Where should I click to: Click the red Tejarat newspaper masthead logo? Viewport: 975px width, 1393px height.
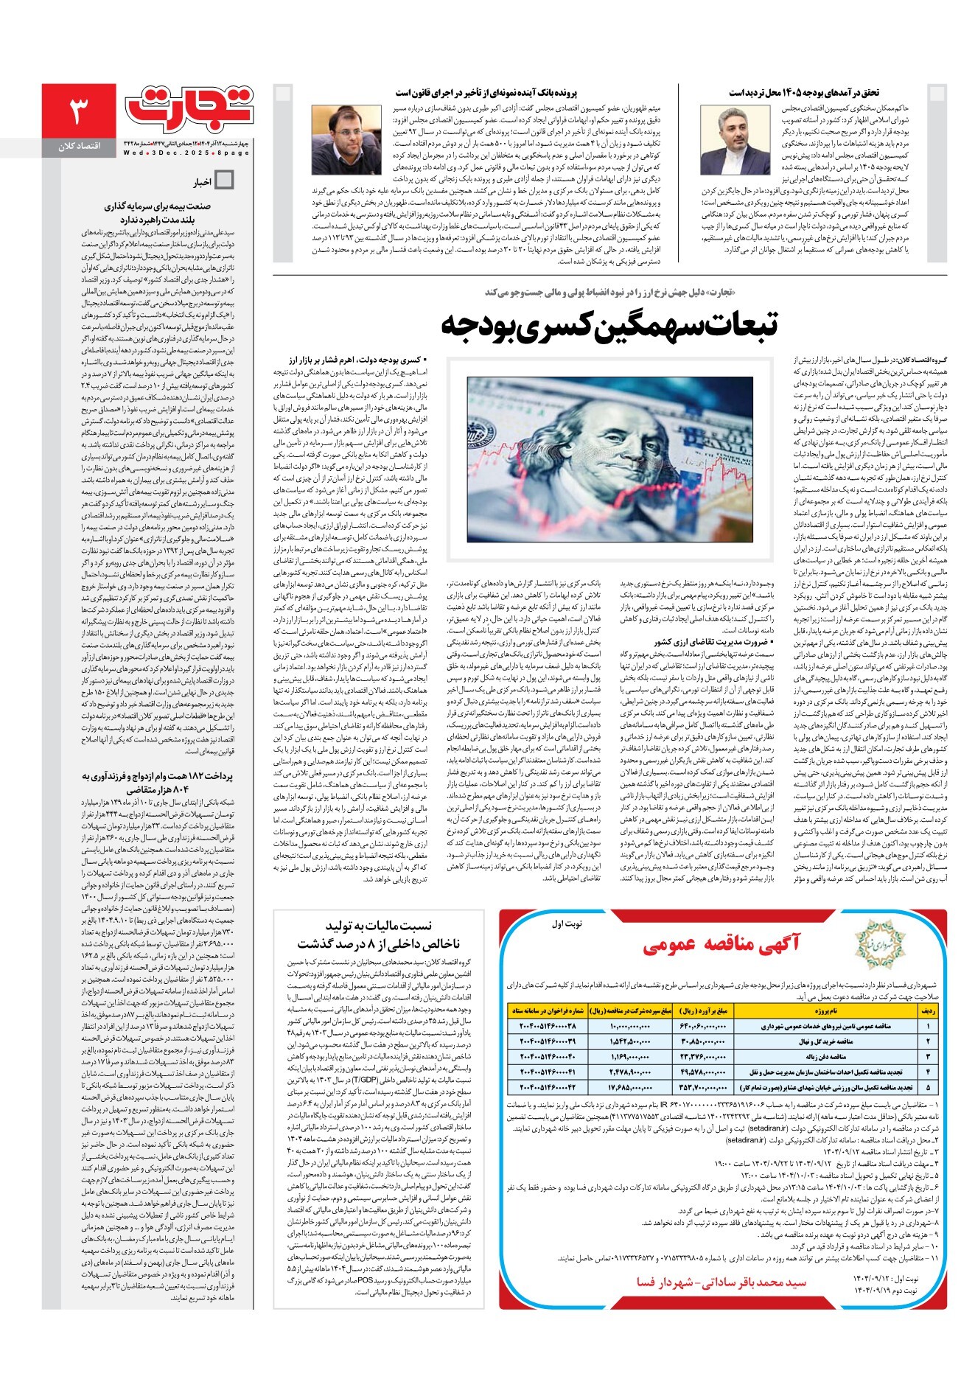coord(189,108)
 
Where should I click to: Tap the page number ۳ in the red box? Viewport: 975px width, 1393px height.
coord(78,112)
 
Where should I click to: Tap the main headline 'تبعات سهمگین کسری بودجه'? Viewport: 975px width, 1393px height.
coord(609,326)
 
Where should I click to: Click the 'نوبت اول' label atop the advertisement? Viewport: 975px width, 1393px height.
coord(567,924)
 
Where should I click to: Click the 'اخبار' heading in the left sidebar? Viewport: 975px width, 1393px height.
coord(202,182)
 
